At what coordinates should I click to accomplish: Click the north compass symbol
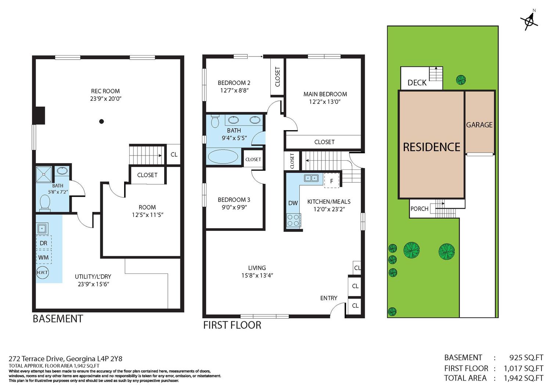coord(530,22)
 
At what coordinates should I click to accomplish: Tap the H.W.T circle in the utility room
coord(42,272)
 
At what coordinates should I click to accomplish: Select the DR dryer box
coord(44,243)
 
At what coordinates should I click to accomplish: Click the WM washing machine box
coord(44,257)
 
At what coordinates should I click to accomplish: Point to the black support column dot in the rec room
coord(101,121)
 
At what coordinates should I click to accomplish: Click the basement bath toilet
coord(45,203)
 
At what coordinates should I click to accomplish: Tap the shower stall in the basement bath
coord(44,174)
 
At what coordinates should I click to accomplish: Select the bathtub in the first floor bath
coord(223,156)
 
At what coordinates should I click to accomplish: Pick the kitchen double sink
coord(311,178)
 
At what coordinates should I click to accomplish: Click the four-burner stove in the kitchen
coord(293,220)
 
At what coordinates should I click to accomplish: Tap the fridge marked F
coord(332,180)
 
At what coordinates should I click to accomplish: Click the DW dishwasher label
coord(293,203)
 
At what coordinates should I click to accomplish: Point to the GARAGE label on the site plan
coord(479,125)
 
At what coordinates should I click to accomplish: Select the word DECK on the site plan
coord(417,83)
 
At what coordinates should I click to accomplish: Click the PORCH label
coord(419,208)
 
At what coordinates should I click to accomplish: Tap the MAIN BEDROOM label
coord(325,94)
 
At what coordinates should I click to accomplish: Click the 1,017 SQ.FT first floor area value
coord(523,368)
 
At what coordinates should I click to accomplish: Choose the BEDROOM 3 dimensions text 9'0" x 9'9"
coord(234,207)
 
